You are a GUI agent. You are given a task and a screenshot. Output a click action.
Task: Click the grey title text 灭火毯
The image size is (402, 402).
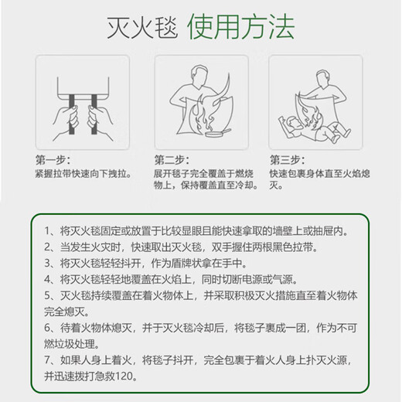142,27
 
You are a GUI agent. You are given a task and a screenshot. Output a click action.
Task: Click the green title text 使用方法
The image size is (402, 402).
241,27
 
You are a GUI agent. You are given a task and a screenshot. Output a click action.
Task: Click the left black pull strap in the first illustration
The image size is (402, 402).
72,114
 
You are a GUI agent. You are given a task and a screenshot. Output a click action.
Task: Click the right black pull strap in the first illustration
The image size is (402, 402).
94,114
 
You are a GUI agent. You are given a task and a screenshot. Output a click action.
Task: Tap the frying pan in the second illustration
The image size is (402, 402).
216,133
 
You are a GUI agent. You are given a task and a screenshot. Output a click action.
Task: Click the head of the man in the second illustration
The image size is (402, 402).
199,75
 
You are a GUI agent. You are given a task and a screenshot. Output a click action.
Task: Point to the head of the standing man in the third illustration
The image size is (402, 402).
323,78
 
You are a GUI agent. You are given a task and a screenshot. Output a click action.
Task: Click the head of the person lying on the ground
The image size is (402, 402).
293,123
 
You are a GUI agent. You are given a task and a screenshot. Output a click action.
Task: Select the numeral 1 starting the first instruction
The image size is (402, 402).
47,231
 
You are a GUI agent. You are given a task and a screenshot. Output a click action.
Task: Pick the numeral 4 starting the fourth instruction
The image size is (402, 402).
47,279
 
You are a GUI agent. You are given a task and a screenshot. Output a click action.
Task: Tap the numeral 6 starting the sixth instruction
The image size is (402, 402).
47,328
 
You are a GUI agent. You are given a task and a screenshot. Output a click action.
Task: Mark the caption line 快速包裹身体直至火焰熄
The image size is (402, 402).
319,174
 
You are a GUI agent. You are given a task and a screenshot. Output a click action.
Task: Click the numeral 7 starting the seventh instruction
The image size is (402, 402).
47,360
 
